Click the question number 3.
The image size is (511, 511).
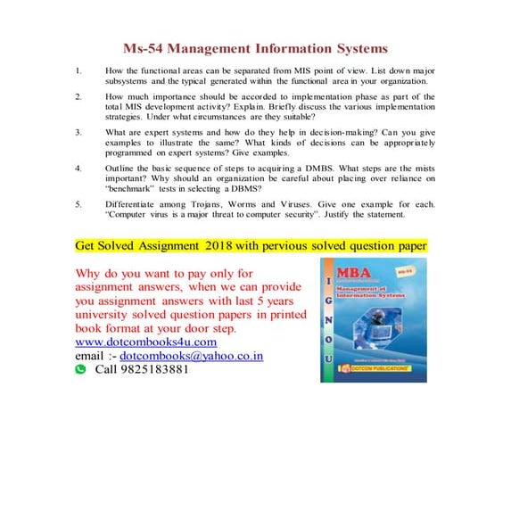(78, 130)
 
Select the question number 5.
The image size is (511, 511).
(78, 204)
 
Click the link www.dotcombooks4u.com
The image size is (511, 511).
(146, 342)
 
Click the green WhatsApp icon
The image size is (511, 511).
(80, 368)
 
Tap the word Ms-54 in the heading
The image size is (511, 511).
(144, 48)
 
